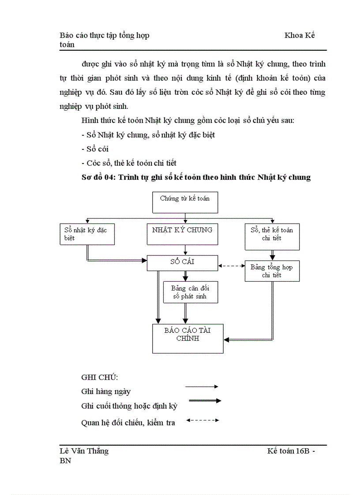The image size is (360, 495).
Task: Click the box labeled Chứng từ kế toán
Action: tap(185, 202)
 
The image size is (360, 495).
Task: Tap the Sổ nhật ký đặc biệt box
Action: tap(87, 234)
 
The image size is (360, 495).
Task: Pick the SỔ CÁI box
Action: tap(182, 262)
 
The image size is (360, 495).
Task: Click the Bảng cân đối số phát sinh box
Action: tap(190, 292)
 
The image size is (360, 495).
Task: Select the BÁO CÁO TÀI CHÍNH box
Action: tap(187, 338)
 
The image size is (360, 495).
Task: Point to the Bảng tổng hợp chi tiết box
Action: tap(272, 271)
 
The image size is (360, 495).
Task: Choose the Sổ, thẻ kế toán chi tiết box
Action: tap(272, 236)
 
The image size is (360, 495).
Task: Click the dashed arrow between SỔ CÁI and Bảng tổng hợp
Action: tap(232, 266)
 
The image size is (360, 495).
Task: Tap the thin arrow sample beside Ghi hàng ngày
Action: tap(202, 387)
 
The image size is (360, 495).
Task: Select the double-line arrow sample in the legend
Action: tap(204, 401)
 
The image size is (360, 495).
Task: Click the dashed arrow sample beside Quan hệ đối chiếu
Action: tap(202, 420)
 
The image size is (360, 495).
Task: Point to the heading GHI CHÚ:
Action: tap(100, 378)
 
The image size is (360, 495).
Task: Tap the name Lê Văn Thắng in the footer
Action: tap(84, 451)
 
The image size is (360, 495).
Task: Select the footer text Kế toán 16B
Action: tap(291, 451)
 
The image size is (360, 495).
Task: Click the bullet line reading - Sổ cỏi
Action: tap(95, 149)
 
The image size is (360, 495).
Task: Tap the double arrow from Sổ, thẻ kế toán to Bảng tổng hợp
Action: tap(272, 255)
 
